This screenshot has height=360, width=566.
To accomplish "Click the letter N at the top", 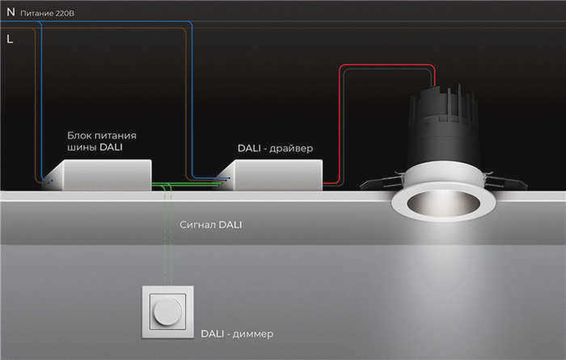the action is [11, 12].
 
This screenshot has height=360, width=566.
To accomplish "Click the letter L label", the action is [10, 39].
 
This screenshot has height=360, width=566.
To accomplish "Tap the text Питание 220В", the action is [47, 14].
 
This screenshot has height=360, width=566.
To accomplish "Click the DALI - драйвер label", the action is [275, 148].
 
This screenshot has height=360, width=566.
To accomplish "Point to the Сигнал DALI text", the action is [211, 225].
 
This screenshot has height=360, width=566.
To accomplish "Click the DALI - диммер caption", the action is [237, 333].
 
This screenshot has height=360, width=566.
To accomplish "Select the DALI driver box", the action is [274, 175].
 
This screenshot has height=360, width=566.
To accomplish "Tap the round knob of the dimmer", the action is [167, 311].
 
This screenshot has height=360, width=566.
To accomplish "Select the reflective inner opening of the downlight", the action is [444, 203].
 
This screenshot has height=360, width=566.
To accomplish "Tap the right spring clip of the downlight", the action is [505, 181].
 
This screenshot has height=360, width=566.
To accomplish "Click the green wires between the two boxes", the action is [187, 185].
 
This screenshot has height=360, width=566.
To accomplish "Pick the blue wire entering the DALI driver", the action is [192, 101].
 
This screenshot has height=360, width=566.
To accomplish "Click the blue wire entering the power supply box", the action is [41, 101].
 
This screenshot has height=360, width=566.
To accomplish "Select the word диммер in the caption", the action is [252, 334].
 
